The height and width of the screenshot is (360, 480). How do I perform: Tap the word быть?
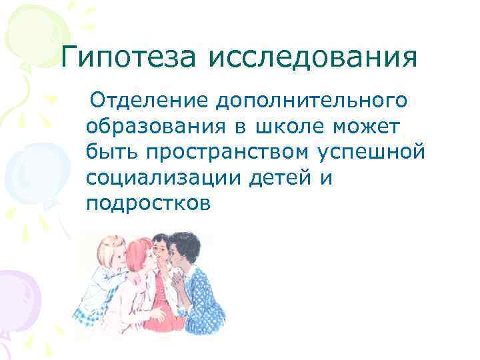pyautogui.click(x=111, y=152)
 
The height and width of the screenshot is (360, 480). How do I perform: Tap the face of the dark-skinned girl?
pyautogui.click(x=181, y=257)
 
